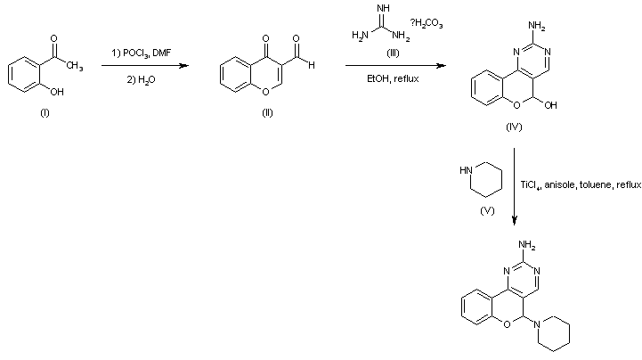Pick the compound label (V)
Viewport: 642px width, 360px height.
coord(487,210)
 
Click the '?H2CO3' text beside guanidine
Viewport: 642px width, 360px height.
coord(427,24)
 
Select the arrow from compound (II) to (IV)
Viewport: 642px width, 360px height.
coord(395,65)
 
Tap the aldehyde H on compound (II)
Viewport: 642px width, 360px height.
coord(309,63)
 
